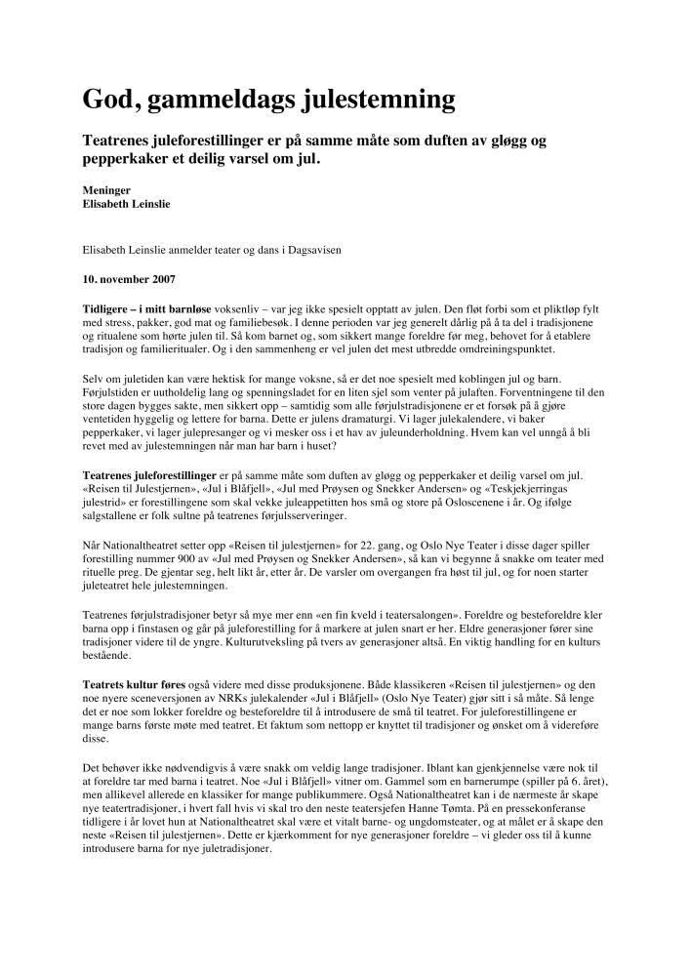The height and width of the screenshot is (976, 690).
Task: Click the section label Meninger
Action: [106, 190]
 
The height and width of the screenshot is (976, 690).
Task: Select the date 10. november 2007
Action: [129, 279]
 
